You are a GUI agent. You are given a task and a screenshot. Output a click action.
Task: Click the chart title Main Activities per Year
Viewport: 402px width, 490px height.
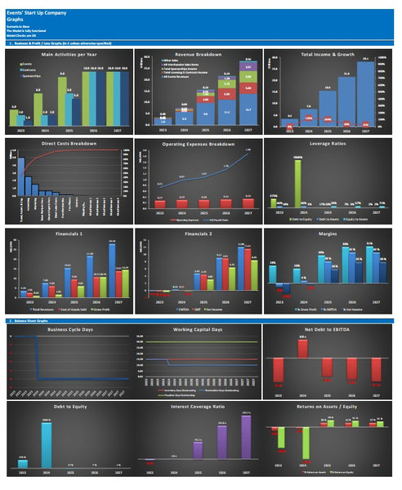[69, 54]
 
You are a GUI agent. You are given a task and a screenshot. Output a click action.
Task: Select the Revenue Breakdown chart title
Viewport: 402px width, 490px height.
[199, 54]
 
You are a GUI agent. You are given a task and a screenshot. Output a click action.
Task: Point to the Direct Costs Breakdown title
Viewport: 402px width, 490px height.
[69, 144]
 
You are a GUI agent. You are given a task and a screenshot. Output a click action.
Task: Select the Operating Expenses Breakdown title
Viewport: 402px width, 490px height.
[199, 144]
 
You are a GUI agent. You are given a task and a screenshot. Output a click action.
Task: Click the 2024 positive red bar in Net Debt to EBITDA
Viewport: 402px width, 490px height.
[302, 347]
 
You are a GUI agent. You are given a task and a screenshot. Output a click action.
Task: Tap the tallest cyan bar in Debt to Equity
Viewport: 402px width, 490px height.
[47, 445]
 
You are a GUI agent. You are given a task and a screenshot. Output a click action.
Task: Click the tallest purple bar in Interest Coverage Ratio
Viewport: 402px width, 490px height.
[247, 441]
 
